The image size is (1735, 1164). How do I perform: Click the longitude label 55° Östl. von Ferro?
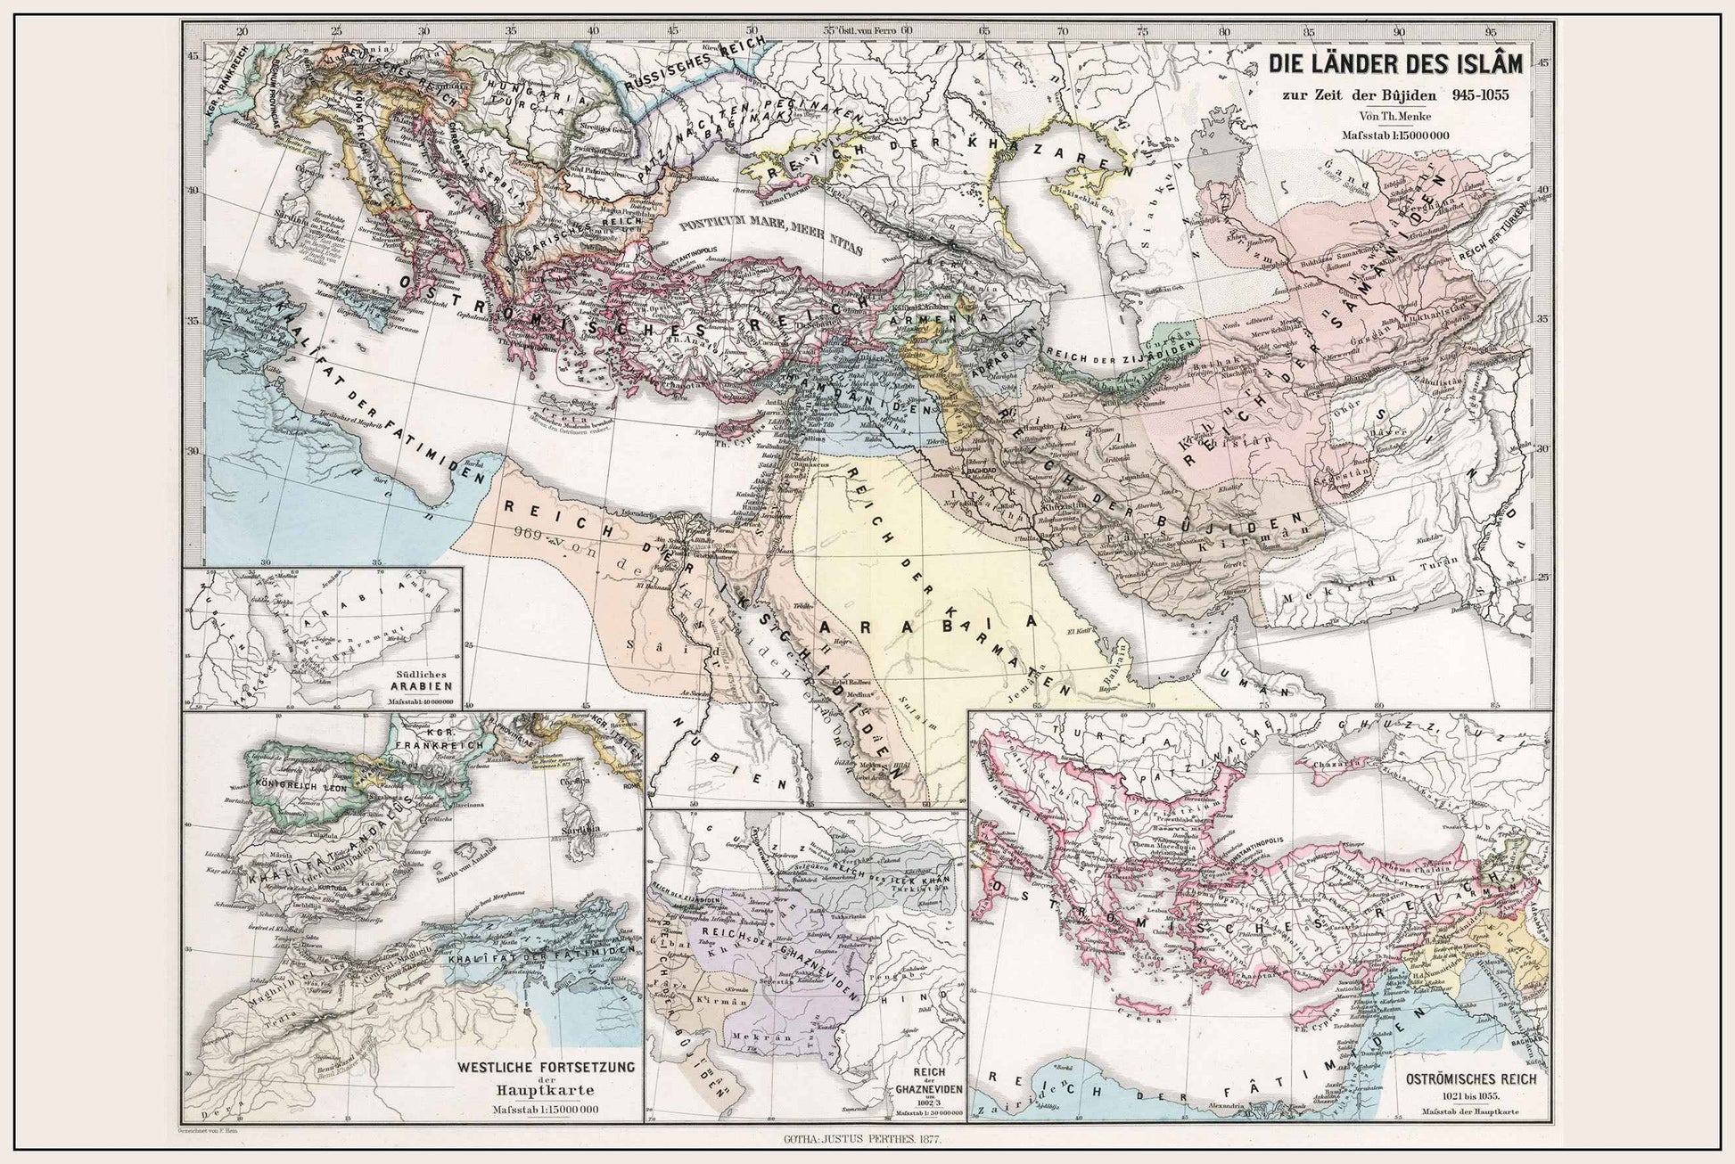(x=859, y=29)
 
